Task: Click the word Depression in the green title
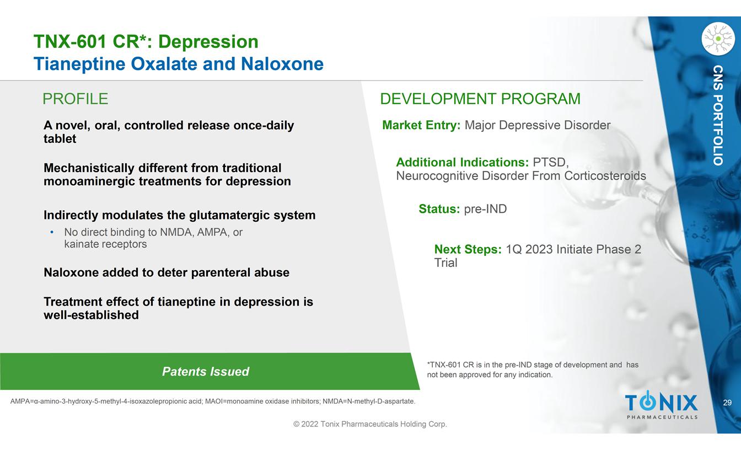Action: click(x=208, y=42)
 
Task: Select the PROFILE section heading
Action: click(x=76, y=99)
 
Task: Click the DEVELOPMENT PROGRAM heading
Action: click(x=480, y=99)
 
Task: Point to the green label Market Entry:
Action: click(x=421, y=125)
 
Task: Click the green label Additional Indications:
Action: click(x=463, y=162)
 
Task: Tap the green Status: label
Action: click(x=439, y=209)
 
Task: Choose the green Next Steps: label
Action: click(x=468, y=249)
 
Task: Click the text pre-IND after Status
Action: click(x=485, y=209)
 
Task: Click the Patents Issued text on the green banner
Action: click(x=206, y=372)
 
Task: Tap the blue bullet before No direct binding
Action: click(x=52, y=232)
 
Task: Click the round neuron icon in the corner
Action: click(x=718, y=39)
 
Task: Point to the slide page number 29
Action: click(x=727, y=403)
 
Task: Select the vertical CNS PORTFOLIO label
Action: click(x=718, y=115)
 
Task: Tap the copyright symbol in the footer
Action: click(x=297, y=424)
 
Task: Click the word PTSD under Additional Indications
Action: click(x=550, y=162)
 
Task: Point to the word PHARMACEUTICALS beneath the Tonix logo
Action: click(x=662, y=417)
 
